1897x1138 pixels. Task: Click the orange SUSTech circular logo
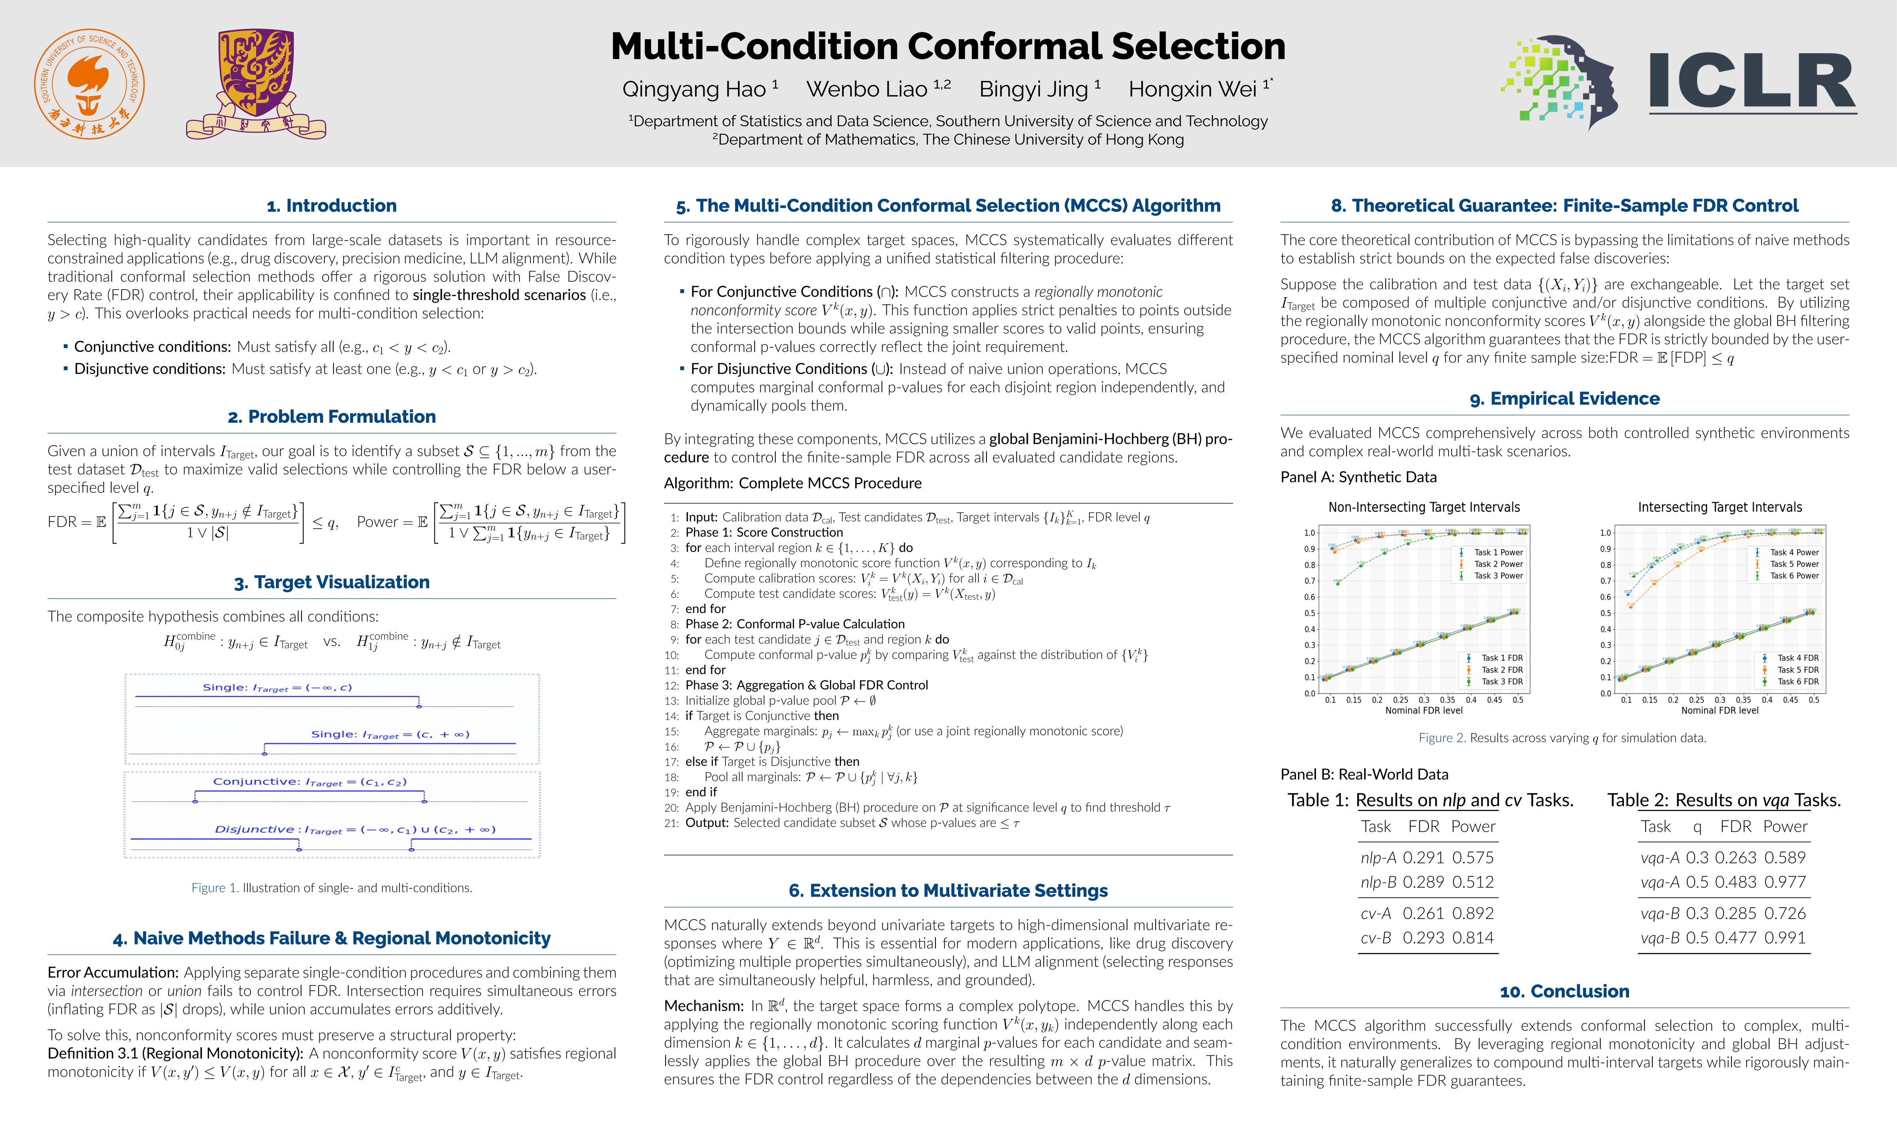pos(89,84)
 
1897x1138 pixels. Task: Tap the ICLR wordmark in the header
pos(1752,82)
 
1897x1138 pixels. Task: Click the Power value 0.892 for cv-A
pos(1472,913)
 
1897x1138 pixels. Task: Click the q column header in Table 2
pos(1697,827)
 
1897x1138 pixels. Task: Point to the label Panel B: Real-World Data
pos(1364,774)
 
